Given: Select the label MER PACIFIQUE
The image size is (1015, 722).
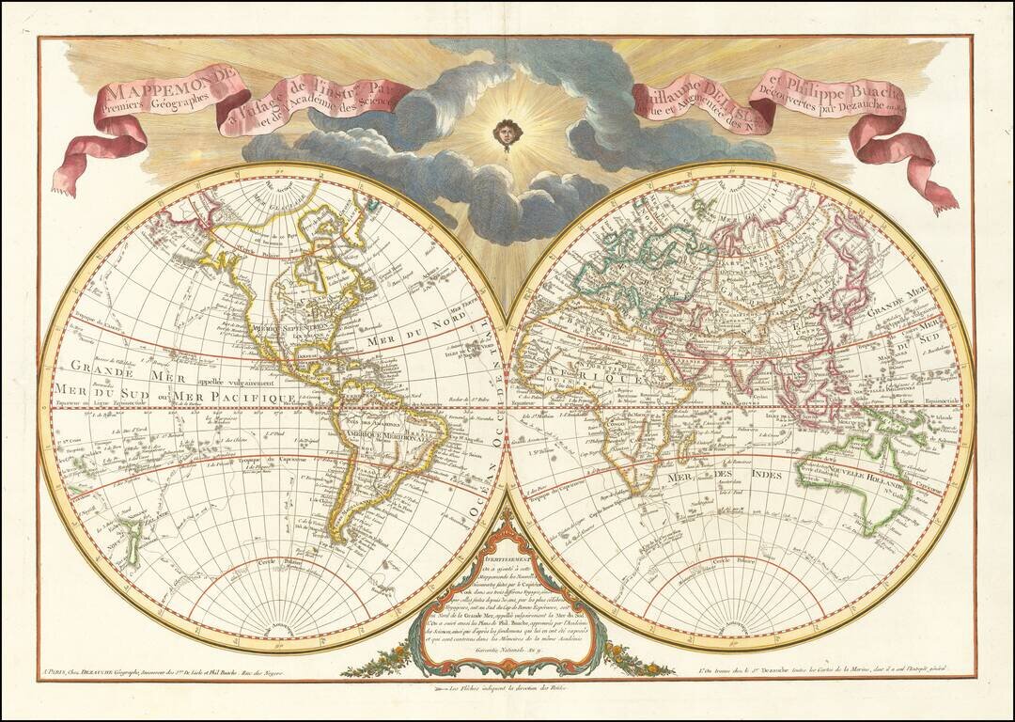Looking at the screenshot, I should tap(241, 398).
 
